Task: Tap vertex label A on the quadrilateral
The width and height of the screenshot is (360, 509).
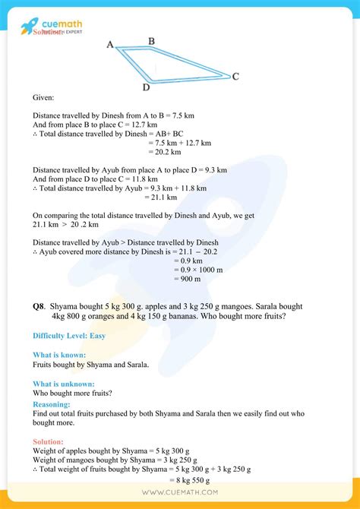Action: point(109,45)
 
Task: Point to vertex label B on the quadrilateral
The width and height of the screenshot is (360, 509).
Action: point(152,41)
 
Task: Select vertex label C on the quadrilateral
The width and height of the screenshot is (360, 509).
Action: point(236,76)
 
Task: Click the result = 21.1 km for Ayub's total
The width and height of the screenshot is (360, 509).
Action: point(160,198)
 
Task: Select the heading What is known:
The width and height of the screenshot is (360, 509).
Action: point(59,355)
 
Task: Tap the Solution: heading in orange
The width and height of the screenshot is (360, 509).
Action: point(48,441)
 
